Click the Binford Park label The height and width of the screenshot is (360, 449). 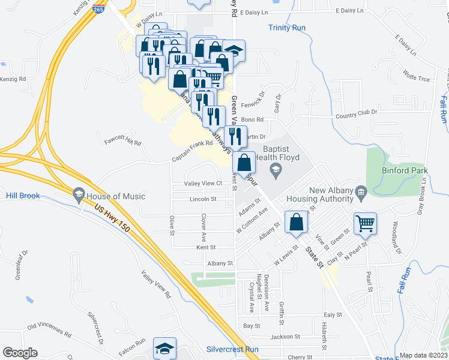[x=405, y=170]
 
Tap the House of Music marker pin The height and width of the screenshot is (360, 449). [x=78, y=195]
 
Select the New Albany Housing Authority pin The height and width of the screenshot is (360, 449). [x=361, y=193]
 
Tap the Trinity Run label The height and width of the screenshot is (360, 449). [x=287, y=28]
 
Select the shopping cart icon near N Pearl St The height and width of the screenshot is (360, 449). [x=365, y=224]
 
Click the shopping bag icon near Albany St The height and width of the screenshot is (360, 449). [x=297, y=222]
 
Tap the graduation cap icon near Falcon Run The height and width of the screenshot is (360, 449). [x=164, y=348]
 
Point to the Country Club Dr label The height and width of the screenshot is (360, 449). [x=357, y=112]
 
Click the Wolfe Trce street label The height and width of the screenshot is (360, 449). [x=417, y=77]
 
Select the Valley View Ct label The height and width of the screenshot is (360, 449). [x=203, y=183]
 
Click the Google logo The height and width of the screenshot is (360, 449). [x=20, y=353]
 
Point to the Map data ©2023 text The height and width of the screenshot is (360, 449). [x=423, y=356]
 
